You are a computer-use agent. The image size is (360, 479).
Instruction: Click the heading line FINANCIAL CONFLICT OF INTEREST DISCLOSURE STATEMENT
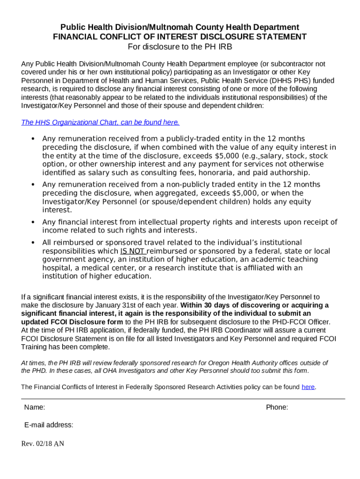pyautogui.click(x=180, y=37)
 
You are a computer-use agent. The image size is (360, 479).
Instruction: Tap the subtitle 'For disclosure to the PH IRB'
pyautogui.click(x=180, y=47)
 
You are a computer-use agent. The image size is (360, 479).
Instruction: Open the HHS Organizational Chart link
pyautogui.click(x=100, y=123)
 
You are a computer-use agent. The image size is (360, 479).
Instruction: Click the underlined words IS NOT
pyautogui.click(x=133, y=251)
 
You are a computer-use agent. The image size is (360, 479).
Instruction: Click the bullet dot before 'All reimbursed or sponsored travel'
pyautogui.click(x=33, y=243)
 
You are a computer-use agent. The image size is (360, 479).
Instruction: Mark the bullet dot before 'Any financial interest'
pyautogui.click(x=33, y=222)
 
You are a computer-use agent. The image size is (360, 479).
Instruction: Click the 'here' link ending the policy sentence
pyautogui.click(x=308, y=387)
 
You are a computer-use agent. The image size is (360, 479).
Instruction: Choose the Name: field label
pyautogui.click(x=35, y=407)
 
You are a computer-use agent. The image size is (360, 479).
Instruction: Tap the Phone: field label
pyautogui.click(x=277, y=407)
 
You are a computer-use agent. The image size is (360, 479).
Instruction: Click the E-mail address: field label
pyautogui.click(x=49, y=425)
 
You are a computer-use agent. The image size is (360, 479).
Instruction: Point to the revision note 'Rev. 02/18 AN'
pyautogui.click(x=43, y=443)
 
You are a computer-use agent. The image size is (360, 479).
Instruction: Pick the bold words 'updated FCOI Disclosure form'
pyautogui.click(x=72, y=322)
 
